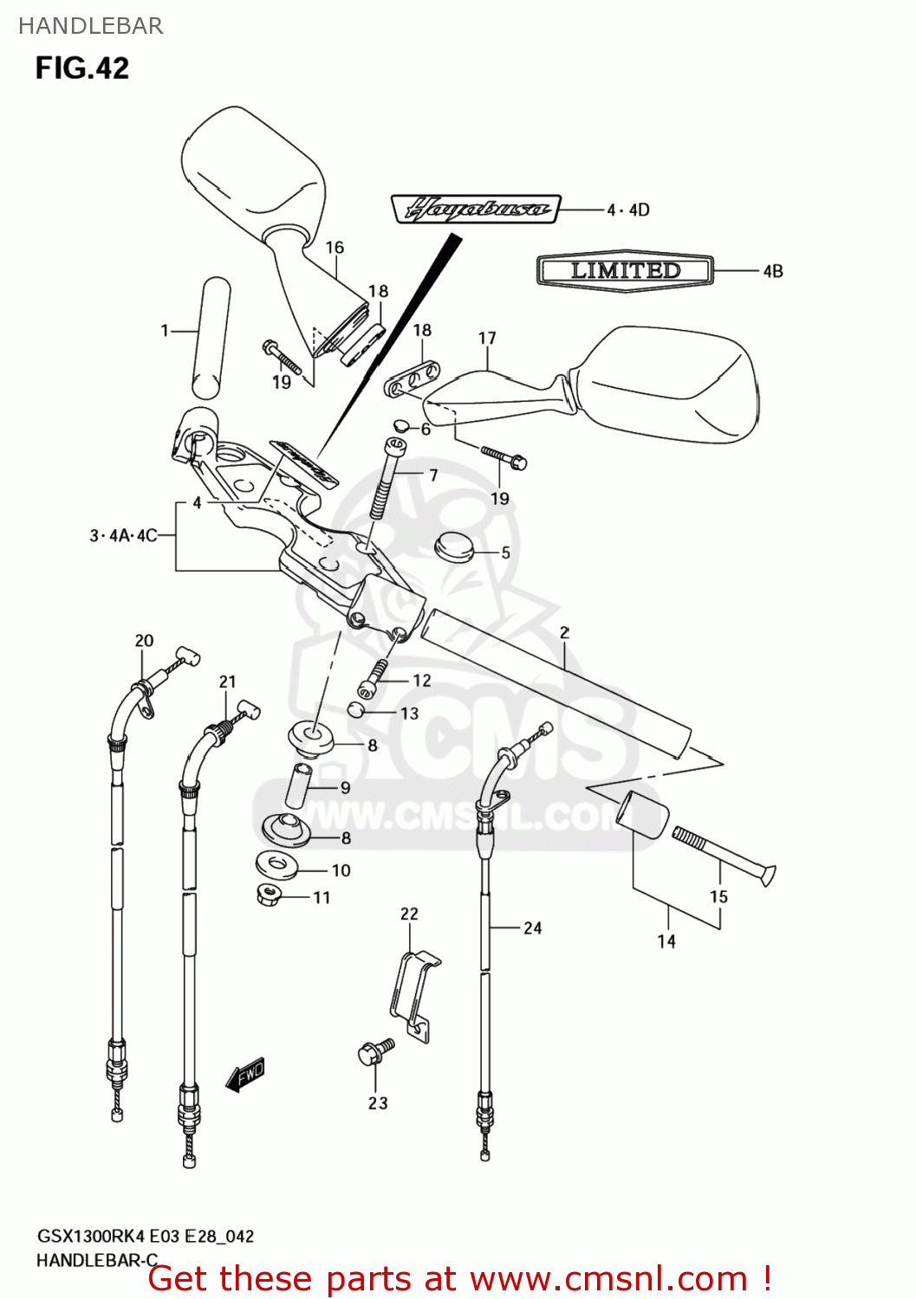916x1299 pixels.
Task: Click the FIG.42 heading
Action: (x=82, y=68)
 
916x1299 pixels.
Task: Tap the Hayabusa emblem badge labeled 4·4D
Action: (x=475, y=209)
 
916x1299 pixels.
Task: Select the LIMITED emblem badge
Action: (x=625, y=270)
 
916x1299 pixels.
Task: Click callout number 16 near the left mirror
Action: (x=335, y=248)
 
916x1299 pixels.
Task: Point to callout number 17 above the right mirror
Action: (x=487, y=339)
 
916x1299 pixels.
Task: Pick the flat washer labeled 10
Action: (x=276, y=863)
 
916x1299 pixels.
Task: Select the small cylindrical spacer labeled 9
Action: (x=299, y=784)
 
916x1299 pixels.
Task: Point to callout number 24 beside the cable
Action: (x=532, y=928)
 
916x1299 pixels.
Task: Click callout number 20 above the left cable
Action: (x=144, y=641)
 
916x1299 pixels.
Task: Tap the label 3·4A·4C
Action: (x=123, y=535)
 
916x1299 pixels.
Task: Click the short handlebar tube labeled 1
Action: (x=211, y=333)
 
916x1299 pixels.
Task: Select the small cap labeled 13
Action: (x=356, y=711)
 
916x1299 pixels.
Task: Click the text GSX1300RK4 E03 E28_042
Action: (x=145, y=1237)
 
